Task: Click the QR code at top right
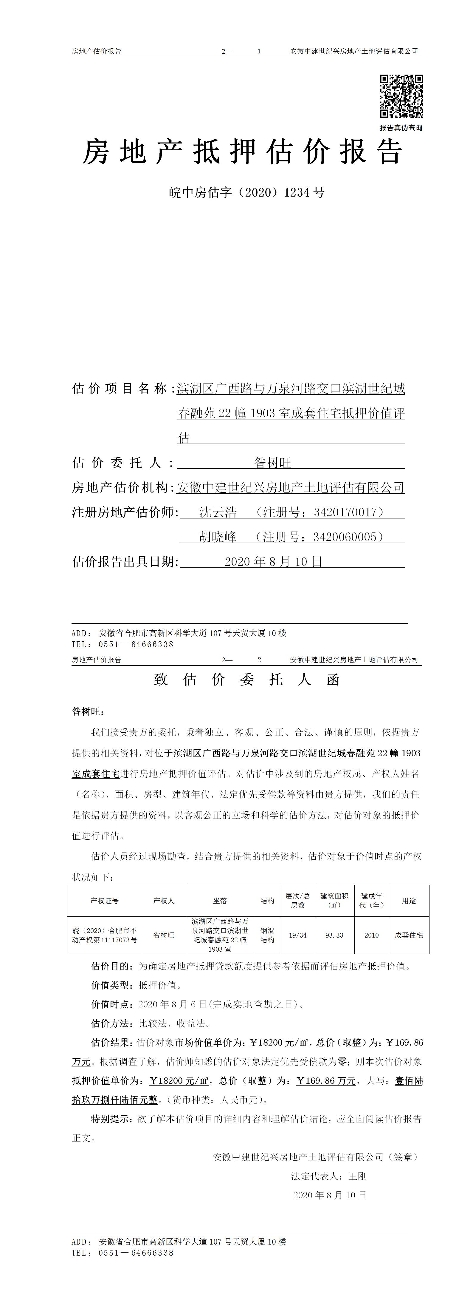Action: (x=401, y=96)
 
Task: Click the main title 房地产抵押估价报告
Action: (x=243, y=152)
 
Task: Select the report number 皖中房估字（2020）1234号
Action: (x=246, y=192)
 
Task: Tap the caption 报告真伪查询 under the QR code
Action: (x=401, y=128)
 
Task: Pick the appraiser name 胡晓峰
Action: (x=218, y=537)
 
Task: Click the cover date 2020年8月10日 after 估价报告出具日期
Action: (x=273, y=561)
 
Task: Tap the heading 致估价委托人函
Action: (x=246, y=679)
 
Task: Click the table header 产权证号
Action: (x=105, y=900)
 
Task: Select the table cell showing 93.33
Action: (x=334, y=935)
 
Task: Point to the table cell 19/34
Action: (x=298, y=935)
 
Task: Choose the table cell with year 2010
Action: (x=371, y=935)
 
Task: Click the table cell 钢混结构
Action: (x=267, y=935)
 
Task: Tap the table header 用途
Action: (x=409, y=900)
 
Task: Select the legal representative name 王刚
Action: (x=357, y=1176)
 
